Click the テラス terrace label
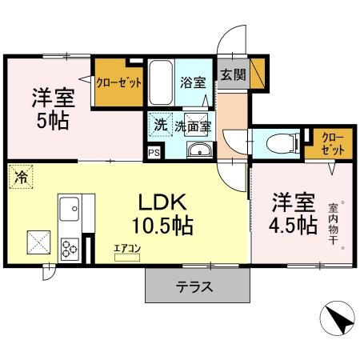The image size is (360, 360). click(x=194, y=286)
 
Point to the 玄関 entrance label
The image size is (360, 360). click(x=234, y=75)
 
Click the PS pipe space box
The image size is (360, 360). click(x=154, y=152)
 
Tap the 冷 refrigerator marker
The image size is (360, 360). click(x=18, y=177)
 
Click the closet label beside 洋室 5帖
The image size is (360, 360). click(x=119, y=82)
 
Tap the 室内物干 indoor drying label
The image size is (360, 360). click(x=333, y=224)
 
